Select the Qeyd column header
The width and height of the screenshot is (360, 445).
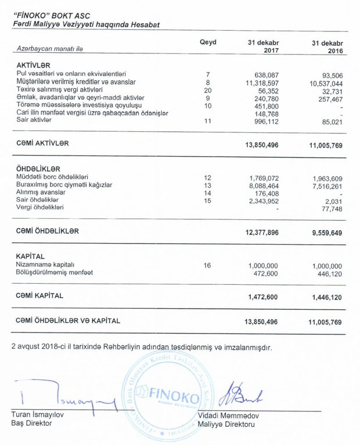coord(207,42)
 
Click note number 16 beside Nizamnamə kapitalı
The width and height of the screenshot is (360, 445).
coord(207,265)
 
